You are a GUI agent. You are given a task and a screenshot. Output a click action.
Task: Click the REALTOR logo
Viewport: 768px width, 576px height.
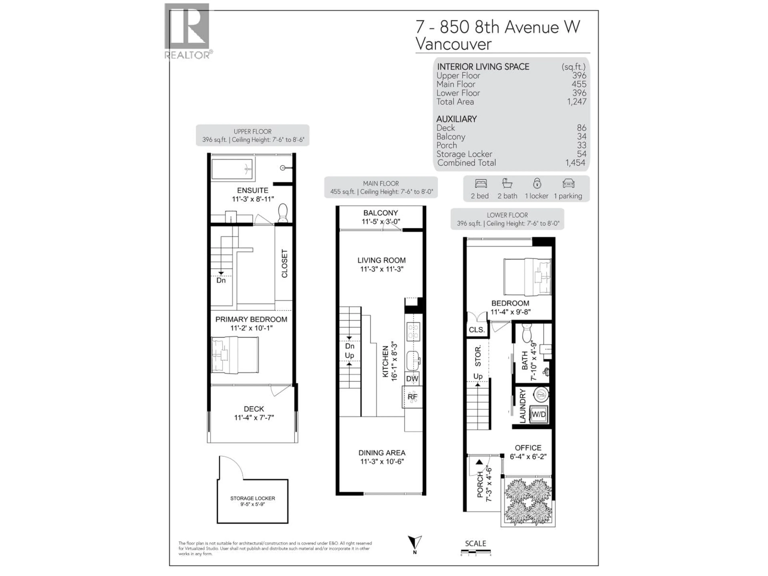pos(187,31)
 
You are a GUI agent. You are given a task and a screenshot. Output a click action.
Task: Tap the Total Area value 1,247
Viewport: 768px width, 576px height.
pos(577,102)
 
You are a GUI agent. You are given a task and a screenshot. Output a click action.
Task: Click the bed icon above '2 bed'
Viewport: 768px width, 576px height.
pos(481,184)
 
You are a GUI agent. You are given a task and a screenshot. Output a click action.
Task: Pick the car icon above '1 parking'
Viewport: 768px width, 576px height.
pos(568,184)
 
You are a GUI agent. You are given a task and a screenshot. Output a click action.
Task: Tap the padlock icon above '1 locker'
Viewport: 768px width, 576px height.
pos(537,183)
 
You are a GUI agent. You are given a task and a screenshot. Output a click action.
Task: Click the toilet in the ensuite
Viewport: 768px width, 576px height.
pos(283,212)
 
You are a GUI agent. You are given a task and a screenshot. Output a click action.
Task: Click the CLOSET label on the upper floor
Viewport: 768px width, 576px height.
pos(284,264)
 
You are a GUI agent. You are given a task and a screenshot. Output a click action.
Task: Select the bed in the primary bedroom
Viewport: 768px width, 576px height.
pos(235,355)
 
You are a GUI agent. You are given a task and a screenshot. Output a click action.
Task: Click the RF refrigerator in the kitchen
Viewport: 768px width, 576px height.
pos(412,397)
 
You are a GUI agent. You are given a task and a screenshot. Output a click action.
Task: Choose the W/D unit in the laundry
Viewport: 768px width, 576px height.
pos(539,414)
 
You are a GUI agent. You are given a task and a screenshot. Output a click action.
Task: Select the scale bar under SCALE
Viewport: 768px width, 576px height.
pos(476,551)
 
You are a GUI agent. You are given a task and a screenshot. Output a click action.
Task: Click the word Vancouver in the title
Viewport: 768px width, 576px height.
pos(453,44)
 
